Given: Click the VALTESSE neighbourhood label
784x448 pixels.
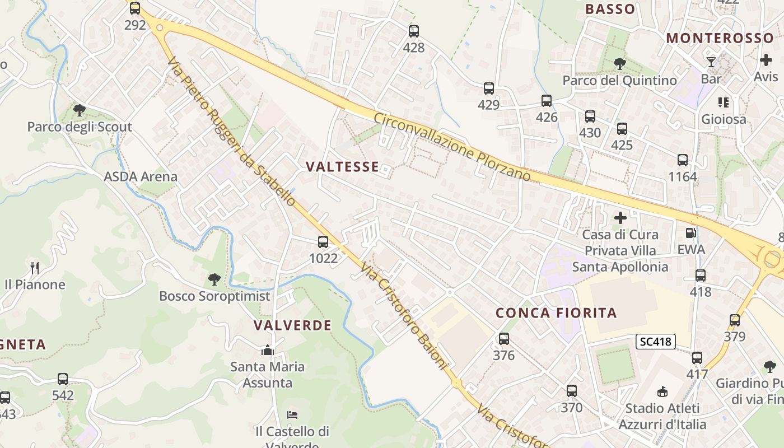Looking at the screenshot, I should coord(342,166).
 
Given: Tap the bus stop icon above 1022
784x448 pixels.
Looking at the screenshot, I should coord(323,242).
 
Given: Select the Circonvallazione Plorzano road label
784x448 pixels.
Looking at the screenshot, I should coord(452,147).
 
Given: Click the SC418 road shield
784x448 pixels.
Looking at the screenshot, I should coord(656,341).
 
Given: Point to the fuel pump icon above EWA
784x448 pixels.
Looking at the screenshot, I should coord(692,232).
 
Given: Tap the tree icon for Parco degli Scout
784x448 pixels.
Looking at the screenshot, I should coord(80,110).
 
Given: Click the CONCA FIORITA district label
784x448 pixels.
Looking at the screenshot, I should coord(556,312).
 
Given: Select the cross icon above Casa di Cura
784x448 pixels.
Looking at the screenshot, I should coord(620,217).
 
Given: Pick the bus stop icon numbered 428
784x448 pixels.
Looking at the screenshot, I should coord(414,31).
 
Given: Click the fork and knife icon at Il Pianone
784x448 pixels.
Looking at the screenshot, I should coord(35,268).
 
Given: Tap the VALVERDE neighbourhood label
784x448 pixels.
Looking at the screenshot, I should coord(292,325).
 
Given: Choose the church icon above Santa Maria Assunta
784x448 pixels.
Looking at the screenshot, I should coord(268,351).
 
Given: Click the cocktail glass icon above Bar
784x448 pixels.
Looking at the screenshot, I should coord(711,62).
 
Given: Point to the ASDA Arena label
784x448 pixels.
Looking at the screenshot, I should coord(141,177).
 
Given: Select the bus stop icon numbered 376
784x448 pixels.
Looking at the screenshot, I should coord(504,338).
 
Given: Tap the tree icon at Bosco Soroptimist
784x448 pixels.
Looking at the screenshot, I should coord(214,279).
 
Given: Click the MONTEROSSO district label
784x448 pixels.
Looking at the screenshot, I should coord(720,38).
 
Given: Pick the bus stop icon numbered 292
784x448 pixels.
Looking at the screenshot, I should coord(135,8).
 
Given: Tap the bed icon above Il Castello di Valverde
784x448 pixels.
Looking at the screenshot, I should coord(292,415).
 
